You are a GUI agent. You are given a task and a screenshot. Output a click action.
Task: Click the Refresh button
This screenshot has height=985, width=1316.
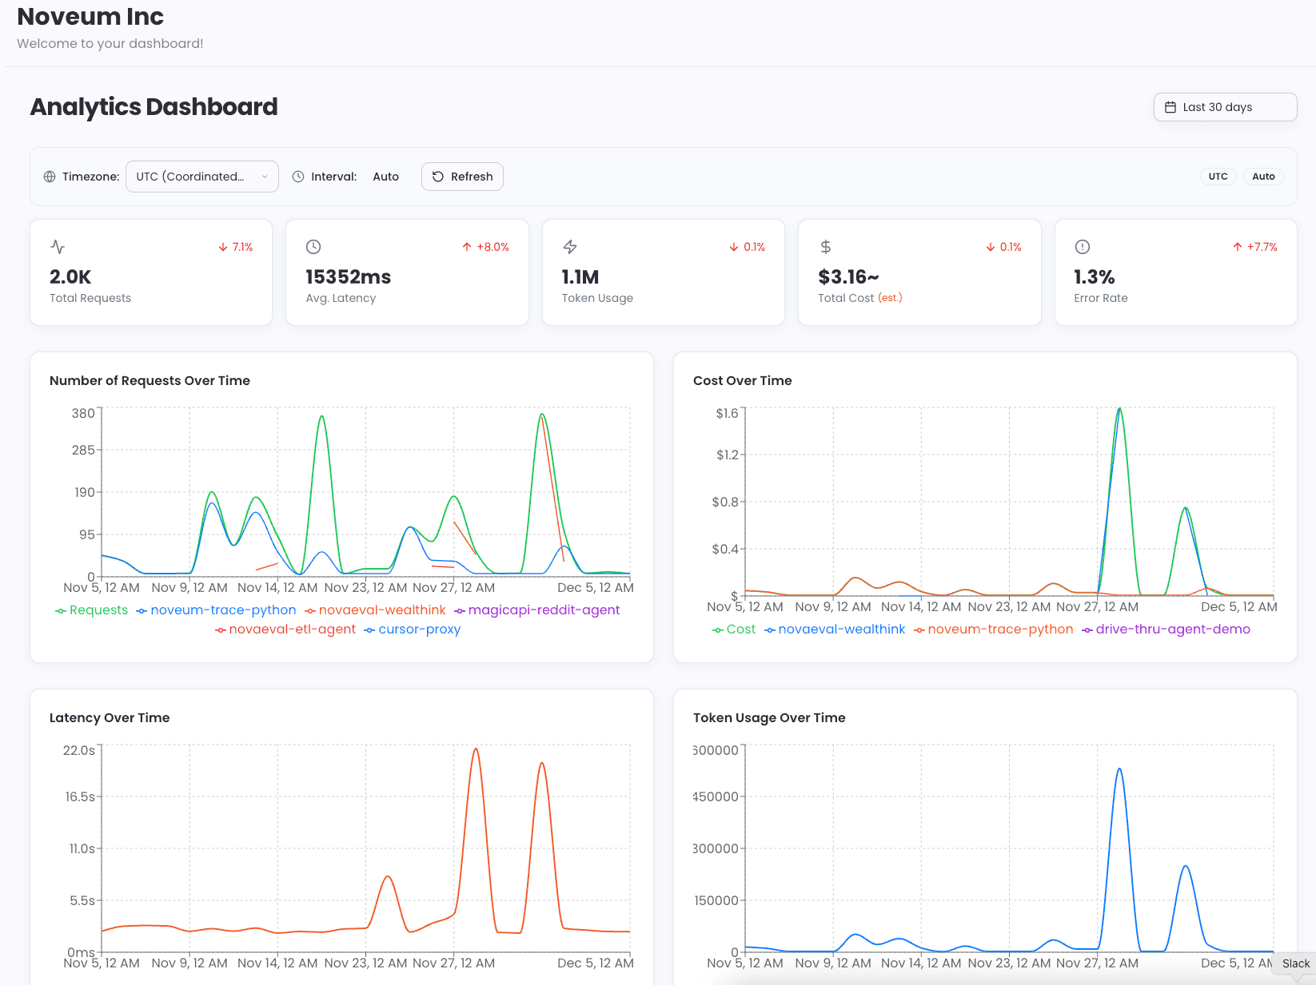[x=462, y=177]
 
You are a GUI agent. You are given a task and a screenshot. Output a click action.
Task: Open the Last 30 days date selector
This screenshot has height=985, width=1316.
[x=1224, y=107]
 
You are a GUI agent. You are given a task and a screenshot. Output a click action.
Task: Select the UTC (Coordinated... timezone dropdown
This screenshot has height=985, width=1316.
[x=201, y=177]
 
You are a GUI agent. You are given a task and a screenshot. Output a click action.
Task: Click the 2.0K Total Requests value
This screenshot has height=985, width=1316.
[x=70, y=277]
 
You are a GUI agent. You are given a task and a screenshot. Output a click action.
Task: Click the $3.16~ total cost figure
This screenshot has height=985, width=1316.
[x=847, y=277]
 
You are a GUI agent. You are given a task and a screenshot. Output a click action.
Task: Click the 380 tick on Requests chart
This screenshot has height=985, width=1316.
[x=83, y=413]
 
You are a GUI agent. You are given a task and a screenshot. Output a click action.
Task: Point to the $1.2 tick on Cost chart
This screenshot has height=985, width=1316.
[x=727, y=455]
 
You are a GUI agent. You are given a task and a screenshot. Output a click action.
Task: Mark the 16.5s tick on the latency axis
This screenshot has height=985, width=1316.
[x=80, y=796]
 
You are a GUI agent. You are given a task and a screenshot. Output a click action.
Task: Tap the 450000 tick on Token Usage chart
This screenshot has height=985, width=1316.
[x=716, y=796]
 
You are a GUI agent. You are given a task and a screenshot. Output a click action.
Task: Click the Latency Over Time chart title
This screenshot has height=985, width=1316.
[x=110, y=717]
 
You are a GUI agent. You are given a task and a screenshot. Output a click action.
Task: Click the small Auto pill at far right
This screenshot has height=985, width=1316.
[x=1262, y=177]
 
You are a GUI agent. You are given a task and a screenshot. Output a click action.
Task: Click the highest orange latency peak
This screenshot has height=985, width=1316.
[x=476, y=749]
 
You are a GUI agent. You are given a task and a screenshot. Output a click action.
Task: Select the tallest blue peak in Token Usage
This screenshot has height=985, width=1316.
[x=1119, y=769]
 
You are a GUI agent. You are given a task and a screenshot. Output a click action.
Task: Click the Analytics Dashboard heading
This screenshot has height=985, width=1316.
[x=154, y=107]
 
